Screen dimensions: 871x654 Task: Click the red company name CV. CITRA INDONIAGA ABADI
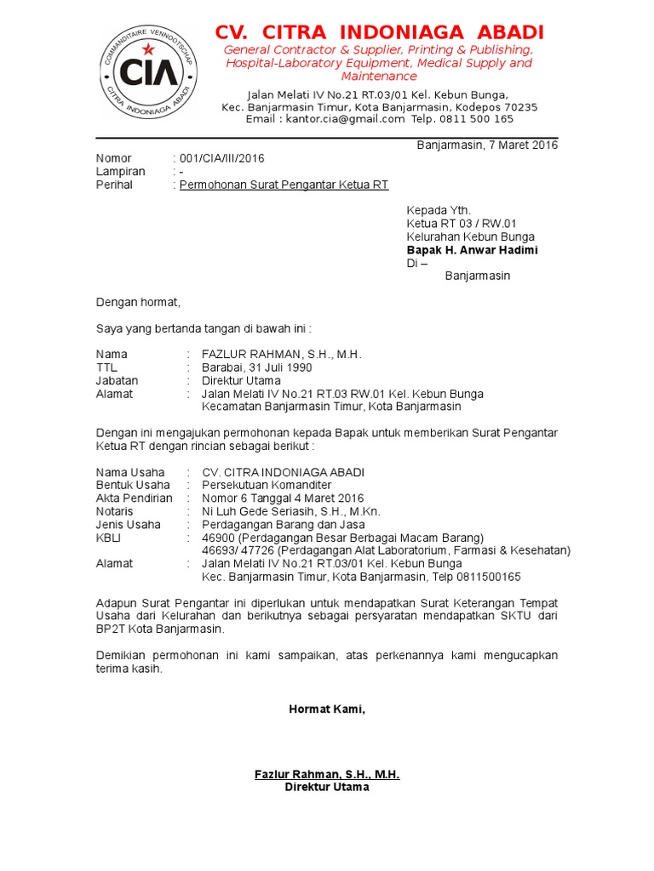tap(379, 32)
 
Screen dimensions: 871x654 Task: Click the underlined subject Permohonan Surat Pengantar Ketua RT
tap(284, 185)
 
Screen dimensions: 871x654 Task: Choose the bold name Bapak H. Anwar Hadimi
tap(472, 250)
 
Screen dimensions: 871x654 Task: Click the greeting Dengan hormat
tap(138, 302)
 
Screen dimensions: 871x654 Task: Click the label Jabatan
tap(117, 381)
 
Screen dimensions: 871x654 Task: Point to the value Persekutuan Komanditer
tap(267, 485)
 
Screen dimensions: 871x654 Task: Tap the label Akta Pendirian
tap(134, 498)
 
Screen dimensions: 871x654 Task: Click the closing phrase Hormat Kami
tap(326, 709)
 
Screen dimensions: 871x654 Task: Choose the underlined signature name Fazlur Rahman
tap(326, 774)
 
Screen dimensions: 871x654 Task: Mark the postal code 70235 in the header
tap(520, 107)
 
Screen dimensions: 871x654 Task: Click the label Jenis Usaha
tap(128, 525)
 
